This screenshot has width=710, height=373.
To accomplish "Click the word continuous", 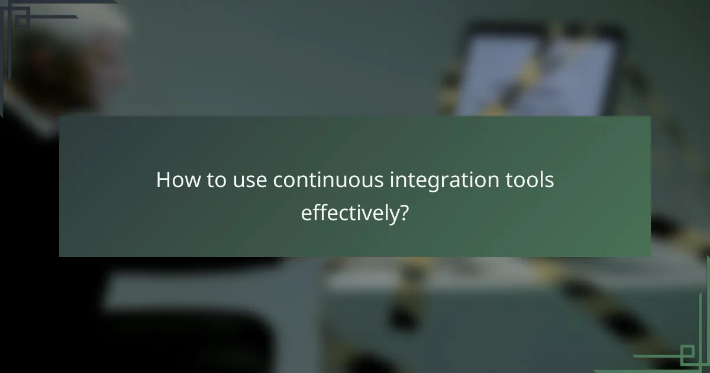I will [328, 181].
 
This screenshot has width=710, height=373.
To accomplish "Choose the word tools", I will [531, 181].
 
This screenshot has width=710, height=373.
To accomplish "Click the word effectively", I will [347, 213].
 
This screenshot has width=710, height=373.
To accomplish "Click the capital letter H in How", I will [162, 181].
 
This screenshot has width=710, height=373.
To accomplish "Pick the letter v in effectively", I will [372, 213].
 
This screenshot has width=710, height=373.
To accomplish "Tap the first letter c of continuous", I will [277, 181].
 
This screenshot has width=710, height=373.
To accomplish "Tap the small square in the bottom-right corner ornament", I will [687, 355].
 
